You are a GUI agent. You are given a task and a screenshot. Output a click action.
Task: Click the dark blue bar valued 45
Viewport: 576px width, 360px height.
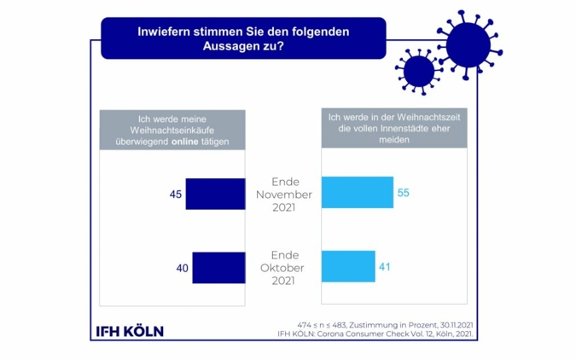215,194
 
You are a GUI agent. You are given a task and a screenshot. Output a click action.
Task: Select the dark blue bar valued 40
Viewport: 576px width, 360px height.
218,267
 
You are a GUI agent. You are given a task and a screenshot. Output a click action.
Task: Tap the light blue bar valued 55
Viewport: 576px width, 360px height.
357,193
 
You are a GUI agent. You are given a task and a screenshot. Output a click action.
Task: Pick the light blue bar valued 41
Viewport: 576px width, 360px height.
348,266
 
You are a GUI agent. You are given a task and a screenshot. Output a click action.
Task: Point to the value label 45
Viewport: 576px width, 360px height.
176,195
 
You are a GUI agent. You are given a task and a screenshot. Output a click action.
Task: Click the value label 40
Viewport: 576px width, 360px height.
182,268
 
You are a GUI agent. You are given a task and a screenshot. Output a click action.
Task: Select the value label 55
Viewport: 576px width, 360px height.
404,193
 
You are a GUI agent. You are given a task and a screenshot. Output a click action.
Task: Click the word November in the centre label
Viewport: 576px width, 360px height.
284,195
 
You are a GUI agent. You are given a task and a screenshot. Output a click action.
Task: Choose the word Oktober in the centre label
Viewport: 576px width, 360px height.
284,268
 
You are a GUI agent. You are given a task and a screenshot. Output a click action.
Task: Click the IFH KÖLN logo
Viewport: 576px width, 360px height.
128,331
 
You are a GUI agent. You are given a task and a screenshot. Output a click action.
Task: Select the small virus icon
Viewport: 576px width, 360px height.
417,71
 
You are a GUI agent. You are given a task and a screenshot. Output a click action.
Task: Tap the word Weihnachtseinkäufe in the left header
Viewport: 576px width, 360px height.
172,130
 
